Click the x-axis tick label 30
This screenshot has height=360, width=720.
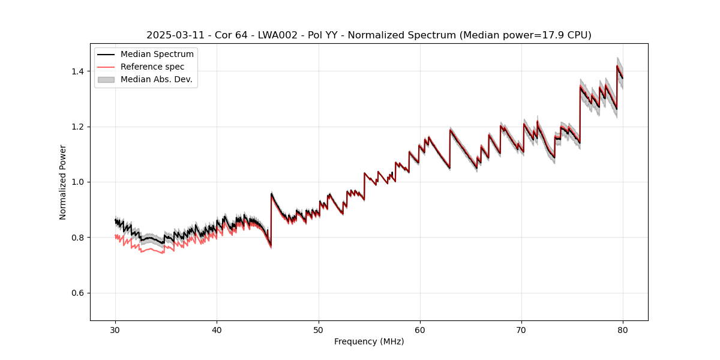point(115,330)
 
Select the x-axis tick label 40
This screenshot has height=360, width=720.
point(217,330)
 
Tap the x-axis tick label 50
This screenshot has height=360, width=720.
point(319,330)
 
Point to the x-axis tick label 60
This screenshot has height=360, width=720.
point(420,330)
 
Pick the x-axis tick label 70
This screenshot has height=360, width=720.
point(521,330)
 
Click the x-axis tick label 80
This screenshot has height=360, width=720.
point(623,330)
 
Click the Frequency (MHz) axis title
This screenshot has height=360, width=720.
point(369,342)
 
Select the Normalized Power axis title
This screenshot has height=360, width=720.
point(63,182)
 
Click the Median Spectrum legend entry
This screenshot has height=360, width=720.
point(157,55)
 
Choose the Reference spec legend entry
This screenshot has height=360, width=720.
point(152,67)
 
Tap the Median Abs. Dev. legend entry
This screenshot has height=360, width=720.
point(156,79)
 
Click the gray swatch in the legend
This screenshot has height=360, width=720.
point(107,79)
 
